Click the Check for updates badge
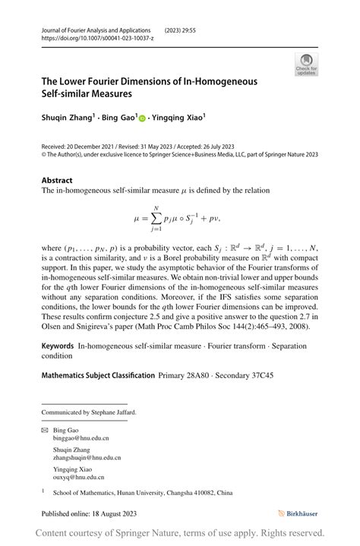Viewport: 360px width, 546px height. tap(306, 65)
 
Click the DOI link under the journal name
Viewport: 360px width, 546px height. tap(93, 37)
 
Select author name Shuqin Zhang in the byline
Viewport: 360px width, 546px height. tap(66, 118)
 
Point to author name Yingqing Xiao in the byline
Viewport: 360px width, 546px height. tap(178, 118)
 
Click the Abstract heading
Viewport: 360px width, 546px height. tap(58, 181)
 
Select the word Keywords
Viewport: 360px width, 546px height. tap(58, 346)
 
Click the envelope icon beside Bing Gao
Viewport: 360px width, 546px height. tap(45, 430)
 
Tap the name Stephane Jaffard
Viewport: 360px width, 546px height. tap(115, 412)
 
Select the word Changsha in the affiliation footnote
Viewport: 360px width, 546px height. tap(204, 492)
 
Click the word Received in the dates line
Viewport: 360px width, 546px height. tap(55, 146)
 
